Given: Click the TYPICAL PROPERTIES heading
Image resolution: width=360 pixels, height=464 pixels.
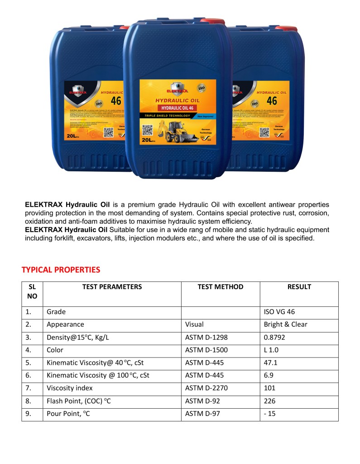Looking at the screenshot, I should [x=61, y=270].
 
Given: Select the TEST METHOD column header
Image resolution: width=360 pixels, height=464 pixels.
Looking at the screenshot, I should [x=220, y=287].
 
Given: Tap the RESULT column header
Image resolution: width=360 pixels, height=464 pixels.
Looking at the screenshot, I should [x=299, y=287].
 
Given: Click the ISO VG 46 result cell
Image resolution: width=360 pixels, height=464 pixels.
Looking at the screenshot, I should [x=280, y=312].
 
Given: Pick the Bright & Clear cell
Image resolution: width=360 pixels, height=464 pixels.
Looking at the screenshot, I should [x=285, y=324].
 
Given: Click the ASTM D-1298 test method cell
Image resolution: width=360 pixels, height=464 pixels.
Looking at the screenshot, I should [x=206, y=337].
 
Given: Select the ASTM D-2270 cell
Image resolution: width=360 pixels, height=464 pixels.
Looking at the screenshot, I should [x=206, y=388].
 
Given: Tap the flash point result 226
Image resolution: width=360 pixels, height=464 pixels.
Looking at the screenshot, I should [x=269, y=401].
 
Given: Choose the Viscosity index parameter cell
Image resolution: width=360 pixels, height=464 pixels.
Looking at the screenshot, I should [x=69, y=388].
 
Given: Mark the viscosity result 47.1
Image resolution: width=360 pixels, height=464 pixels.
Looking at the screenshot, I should [x=270, y=362].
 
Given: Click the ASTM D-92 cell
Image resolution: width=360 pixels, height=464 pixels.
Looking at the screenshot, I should [x=202, y=401].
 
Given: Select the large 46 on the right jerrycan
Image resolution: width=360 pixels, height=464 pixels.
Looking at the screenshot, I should [x=272, y=101].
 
